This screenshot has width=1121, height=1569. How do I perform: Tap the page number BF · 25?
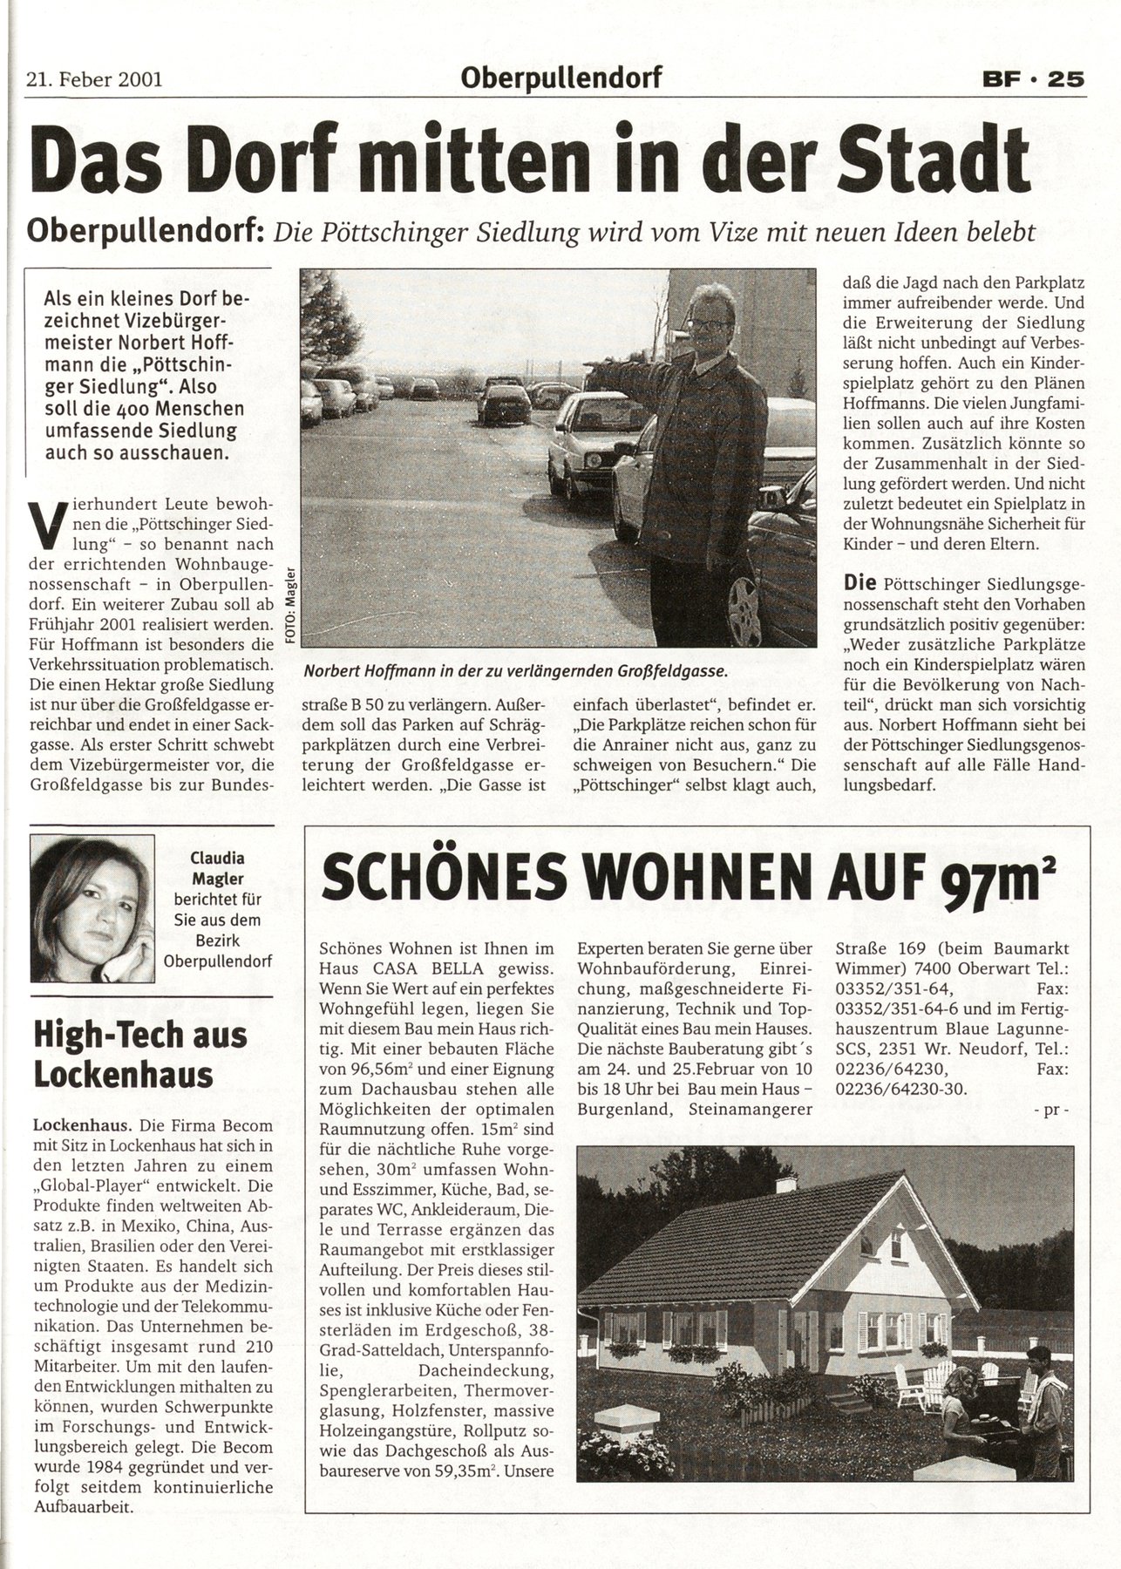[x=1029, y=79]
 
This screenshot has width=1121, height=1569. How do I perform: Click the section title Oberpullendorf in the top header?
[x=561, y=78]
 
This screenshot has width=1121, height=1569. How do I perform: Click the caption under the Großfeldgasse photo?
[x=515, y=673]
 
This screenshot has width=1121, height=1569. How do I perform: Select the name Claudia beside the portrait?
[x=218, y=857]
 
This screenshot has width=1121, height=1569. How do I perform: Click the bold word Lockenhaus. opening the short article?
[x=75, y=1124]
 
